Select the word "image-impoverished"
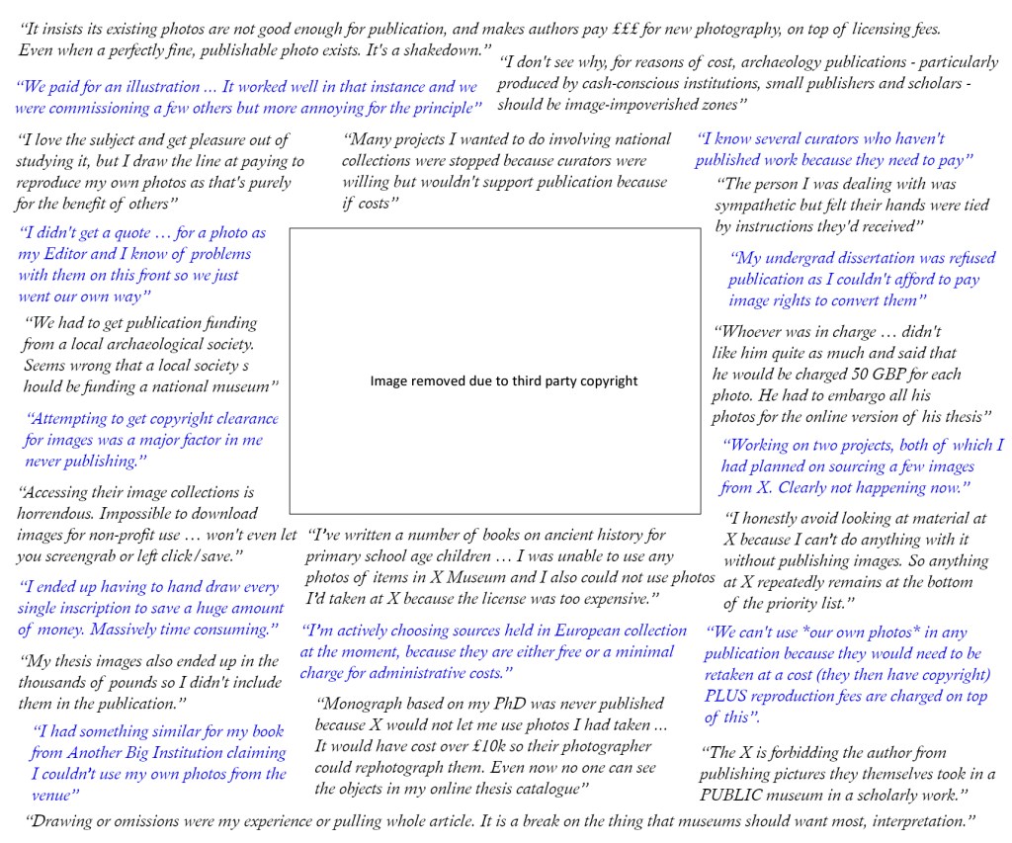tap(628, 104)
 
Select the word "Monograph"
tap(363, 704)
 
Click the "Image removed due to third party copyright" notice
tap(504, 380)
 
